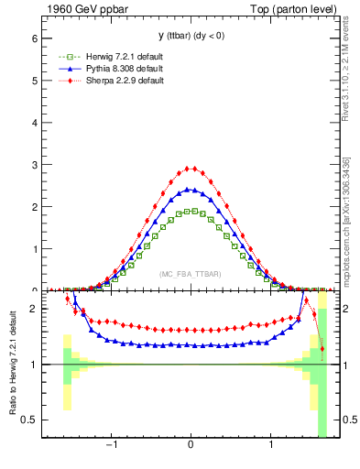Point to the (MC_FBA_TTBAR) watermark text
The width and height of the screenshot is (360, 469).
[191, 275]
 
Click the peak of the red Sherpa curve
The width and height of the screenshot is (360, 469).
[191, 169]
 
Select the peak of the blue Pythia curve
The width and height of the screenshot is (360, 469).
[191, 190]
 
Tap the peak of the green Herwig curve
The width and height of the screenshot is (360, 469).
[191, 211]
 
